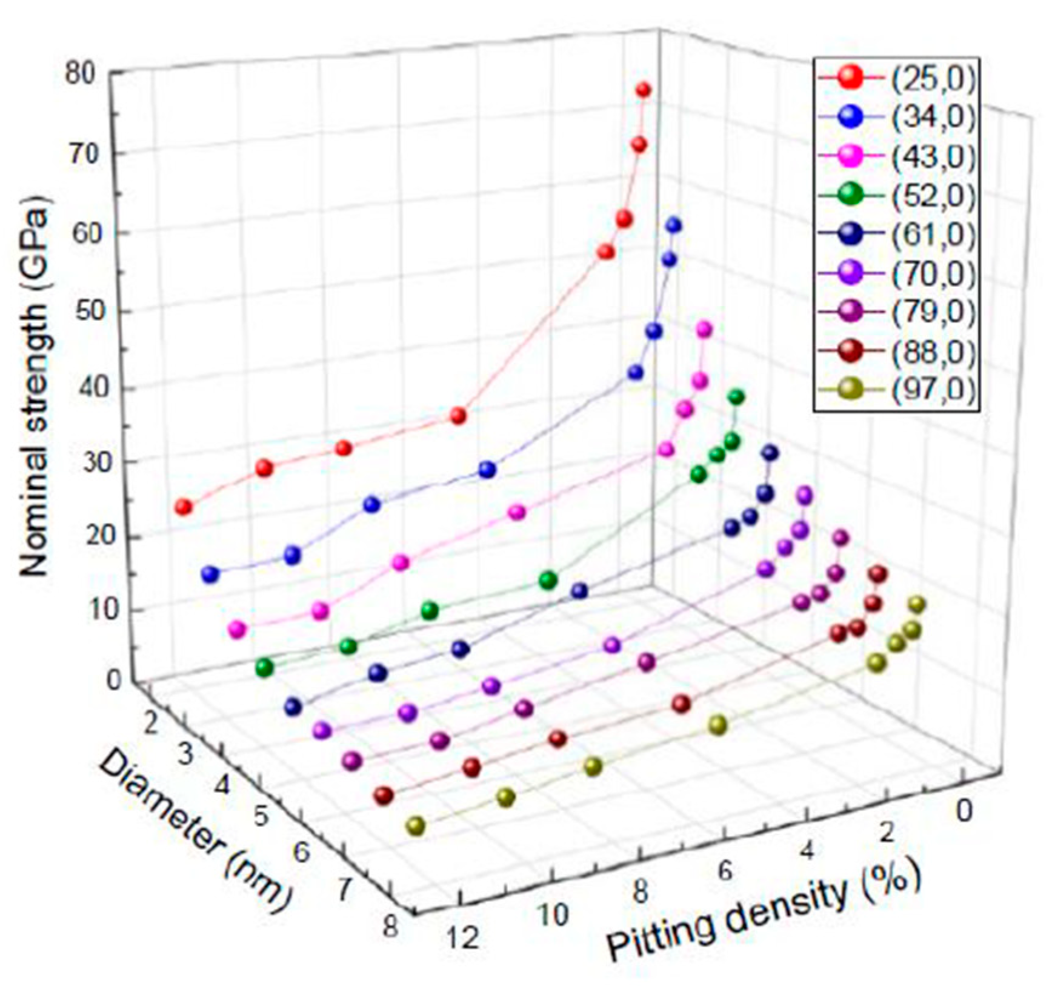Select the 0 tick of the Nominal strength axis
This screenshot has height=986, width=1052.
[x=113, y=681]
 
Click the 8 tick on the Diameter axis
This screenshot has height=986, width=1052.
[x=390, y=927]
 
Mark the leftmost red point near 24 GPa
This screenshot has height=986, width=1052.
[x=183, y=507]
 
